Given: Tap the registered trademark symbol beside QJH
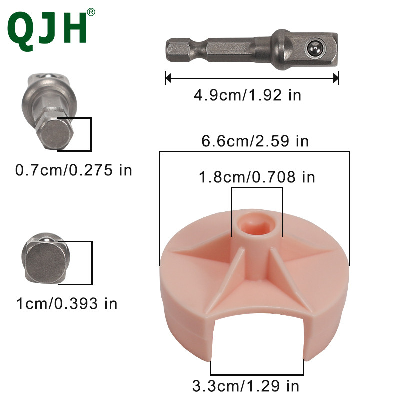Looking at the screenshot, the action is pyautogui.click(x=91, y=12).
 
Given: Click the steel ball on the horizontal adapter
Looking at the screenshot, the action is pyautogui.click(x=315, y=47).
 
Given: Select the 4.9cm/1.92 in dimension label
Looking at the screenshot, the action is pyautogui.click(x=247, y=95).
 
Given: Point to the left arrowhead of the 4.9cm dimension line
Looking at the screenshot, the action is pyautogui.click(x=168, y=78).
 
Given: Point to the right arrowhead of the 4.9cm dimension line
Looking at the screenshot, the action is pyautogui.click(x=336, y=78).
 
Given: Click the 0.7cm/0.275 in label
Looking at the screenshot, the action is pyautogui.click(x=73, y=170).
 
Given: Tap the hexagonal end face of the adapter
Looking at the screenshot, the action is pyautogui.click(x=56, y=134).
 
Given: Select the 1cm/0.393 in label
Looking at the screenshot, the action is pyautogui.click(x=67, y=304).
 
